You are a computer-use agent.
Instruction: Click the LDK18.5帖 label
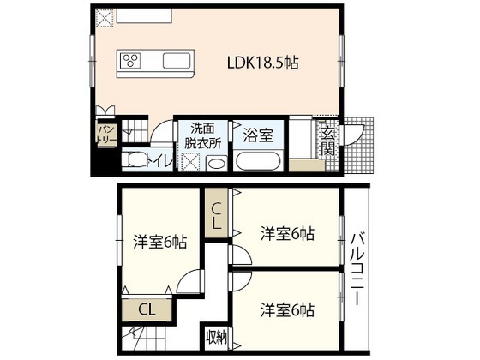pyautogui.click(x=262, y=63)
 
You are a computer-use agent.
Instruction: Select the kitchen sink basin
pyautogui.click(x=178, y=61)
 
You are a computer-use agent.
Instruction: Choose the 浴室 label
pyautogui.click(x=257, y=135)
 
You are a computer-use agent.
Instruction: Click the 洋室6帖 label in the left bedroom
pyautogui.click(x=159, y=243)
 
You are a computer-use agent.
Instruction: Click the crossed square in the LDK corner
pyautogui.click(x=104, y=17)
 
